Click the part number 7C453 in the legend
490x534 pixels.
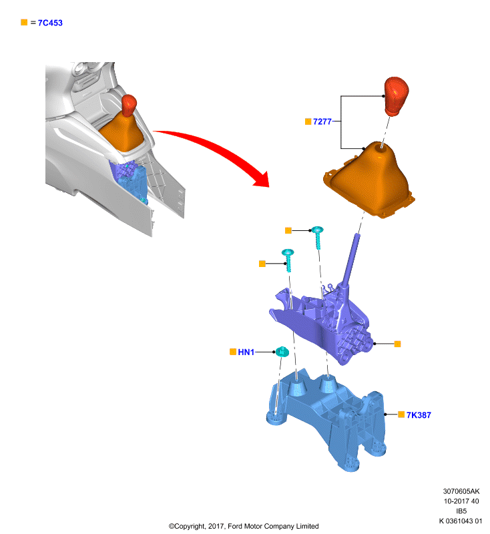click(50, 23)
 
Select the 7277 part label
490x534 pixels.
click(322, 121)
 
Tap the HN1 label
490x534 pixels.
click(246, 352)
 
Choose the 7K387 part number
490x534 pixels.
click(419, 415)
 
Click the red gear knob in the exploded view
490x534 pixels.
click(396, 96)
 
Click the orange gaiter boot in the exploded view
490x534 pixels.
click(369, 180)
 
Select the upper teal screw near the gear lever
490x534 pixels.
click(318, 238)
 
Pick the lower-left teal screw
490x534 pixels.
click(288, 260)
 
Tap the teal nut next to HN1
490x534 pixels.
click(282, 352)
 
